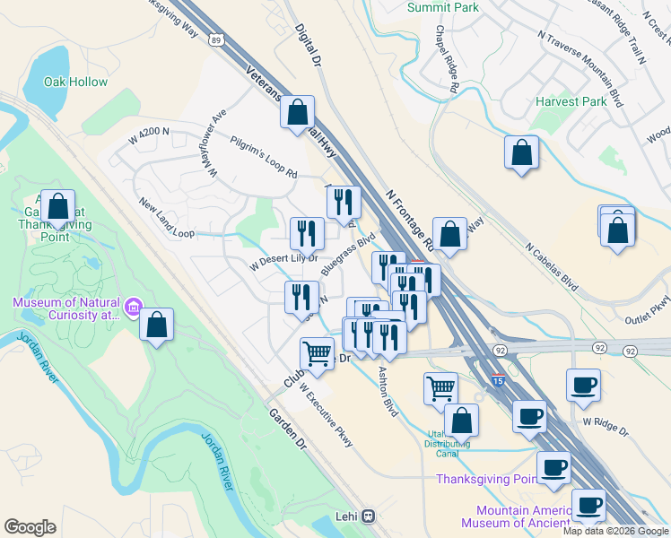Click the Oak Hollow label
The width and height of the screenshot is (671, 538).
76,82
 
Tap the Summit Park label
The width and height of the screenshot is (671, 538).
442,7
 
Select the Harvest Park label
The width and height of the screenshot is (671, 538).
571,101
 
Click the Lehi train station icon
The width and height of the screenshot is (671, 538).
369,516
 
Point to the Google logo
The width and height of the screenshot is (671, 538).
30,527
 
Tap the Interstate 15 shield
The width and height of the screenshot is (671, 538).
498,381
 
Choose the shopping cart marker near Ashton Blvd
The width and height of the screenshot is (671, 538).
440,387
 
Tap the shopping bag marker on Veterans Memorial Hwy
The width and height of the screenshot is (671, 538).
297,112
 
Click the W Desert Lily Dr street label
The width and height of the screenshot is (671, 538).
283,259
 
